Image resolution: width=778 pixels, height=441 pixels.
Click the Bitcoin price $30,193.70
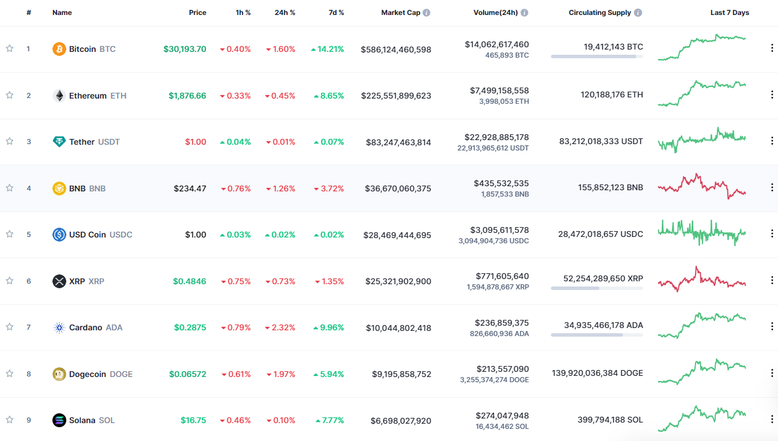(184, 49)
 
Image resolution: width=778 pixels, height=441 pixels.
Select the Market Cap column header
(401, 13)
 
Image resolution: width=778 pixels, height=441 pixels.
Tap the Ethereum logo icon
(59, 96)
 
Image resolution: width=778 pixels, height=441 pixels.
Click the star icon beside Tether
(9, 141)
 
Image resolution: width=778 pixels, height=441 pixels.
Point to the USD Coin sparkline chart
(702, 233)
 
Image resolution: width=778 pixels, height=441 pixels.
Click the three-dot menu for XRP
(772, 280)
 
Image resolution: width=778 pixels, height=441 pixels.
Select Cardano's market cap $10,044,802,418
(398, 328)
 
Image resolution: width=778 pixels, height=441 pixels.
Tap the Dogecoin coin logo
(59, 374)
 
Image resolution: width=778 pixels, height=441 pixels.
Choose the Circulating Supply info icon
(638, 13)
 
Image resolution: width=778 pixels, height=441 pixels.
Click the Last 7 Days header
(730, 13)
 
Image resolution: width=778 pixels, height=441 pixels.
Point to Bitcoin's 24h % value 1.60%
(281, 50)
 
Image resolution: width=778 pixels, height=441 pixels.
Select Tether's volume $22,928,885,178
(496, 137)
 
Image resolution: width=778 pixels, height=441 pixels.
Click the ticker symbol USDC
(121, 235)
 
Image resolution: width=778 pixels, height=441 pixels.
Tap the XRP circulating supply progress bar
(596, 288)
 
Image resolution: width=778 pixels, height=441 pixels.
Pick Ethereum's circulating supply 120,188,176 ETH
(611, 95)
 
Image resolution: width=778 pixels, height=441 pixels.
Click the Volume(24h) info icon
(524, 13)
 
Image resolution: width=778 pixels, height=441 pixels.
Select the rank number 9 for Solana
(29, 420)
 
